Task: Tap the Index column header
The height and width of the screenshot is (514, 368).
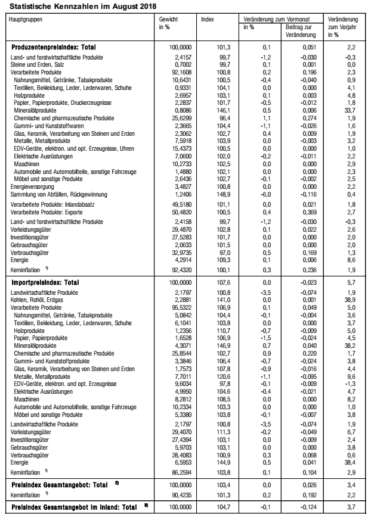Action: [x=208, y=19]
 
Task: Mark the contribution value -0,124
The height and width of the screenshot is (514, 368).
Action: [x=302, y=507]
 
